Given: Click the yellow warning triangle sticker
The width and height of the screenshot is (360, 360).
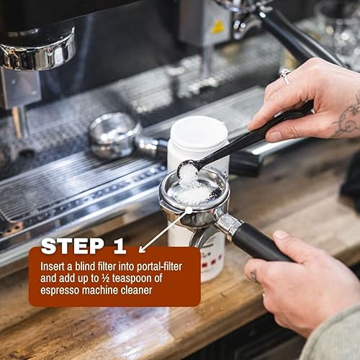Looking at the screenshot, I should (x=218, y=27).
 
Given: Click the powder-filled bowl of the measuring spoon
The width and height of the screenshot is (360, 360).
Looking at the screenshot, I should (x=188, y=171).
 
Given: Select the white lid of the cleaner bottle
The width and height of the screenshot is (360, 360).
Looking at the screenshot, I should (x=198, y=132).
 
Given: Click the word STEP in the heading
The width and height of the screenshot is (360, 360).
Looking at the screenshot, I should (x=73, y=246).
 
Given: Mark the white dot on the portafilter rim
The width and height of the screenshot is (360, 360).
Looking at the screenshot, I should (x=189, y=210).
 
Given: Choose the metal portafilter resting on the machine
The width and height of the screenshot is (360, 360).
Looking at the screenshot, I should (x=115, y=135).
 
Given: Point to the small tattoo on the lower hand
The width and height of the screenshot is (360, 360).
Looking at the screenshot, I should (x=253, y=274).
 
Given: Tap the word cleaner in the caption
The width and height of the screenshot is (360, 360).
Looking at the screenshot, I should (x=135, y=289).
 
